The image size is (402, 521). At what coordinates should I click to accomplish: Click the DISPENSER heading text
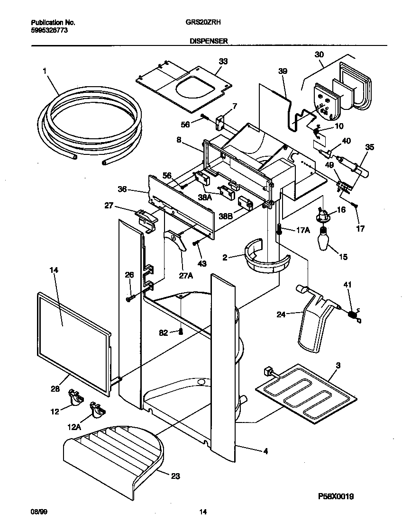point(209,41)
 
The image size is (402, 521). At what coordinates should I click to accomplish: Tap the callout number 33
point(223,61)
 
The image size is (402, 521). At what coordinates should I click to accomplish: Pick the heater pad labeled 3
point(303,388)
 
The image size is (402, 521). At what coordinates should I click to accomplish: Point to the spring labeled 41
point(353,314)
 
